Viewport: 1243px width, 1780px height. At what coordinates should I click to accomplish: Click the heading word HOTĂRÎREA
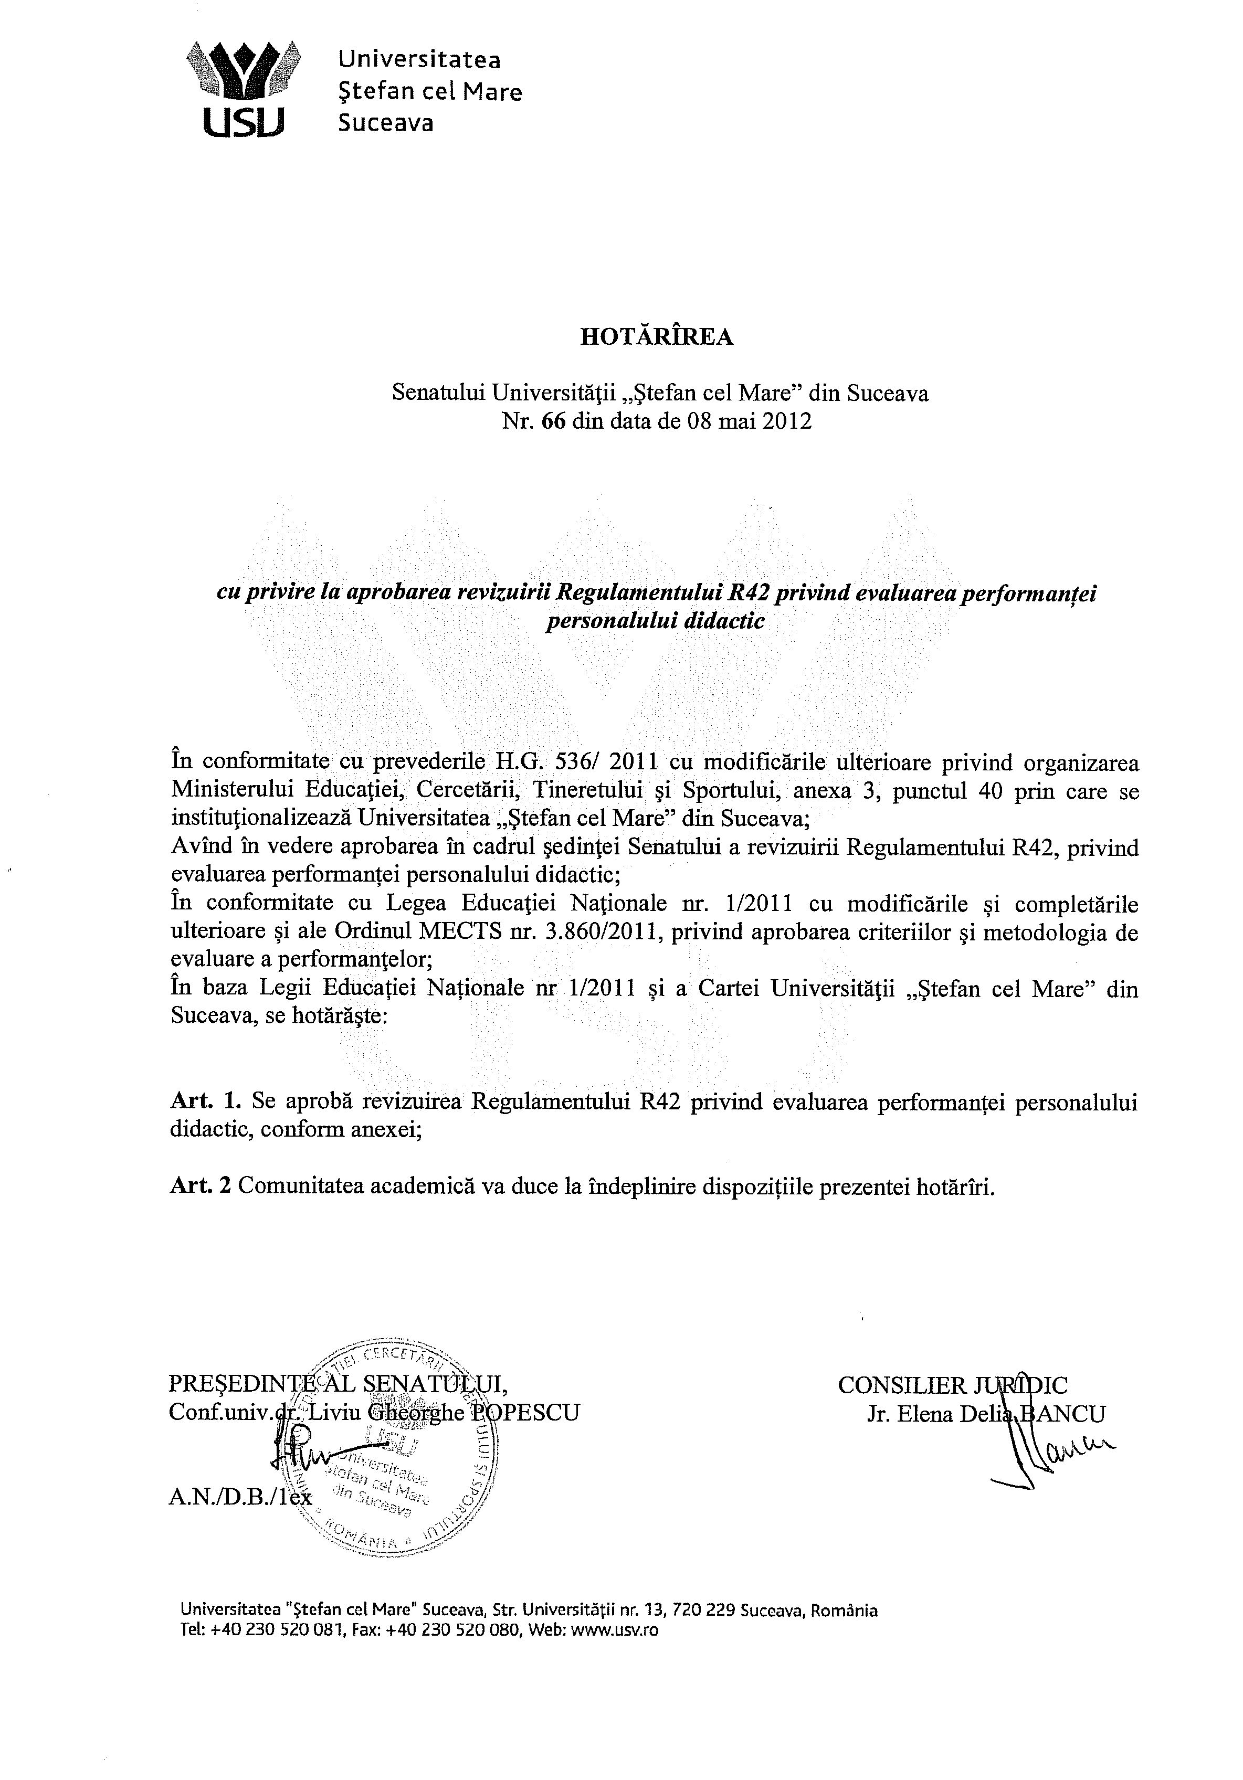(657, 338)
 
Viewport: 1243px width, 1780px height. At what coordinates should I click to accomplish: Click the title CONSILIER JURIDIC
(952, 1385)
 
